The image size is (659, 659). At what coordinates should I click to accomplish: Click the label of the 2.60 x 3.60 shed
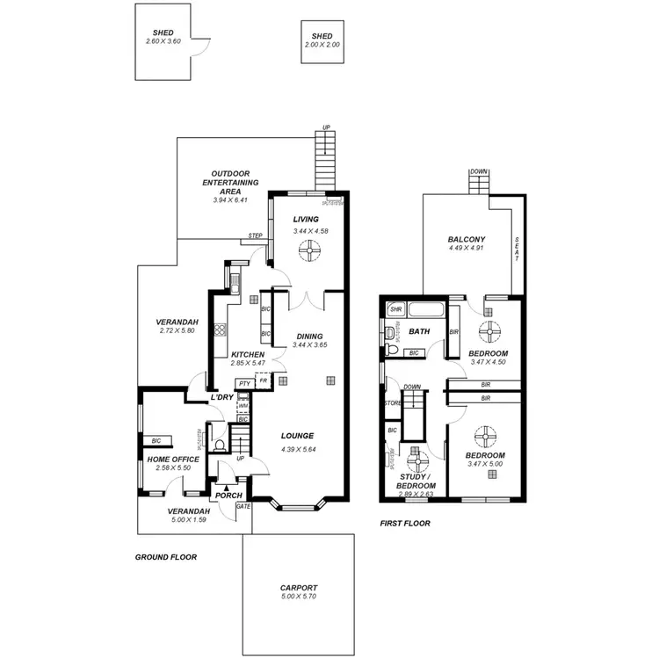(x=163, y=33)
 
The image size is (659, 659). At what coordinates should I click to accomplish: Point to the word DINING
(x=308, y=336)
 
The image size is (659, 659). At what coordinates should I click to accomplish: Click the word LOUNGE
(x=297, y=436)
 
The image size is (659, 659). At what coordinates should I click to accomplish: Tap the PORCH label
(x=228, y=496)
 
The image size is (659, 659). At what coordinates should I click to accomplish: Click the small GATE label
(x=243, y=506)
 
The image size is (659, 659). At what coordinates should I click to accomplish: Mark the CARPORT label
(x=299, y=588)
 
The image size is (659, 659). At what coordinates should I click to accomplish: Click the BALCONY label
(x=467, y=239)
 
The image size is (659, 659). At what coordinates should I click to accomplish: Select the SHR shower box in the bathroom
(x=395, y=309)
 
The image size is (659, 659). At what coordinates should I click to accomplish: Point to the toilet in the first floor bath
(x=393, y=352)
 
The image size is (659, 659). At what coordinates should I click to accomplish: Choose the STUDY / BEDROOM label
(x=416, y=481)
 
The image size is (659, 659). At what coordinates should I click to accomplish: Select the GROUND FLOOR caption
(x=165, y=557)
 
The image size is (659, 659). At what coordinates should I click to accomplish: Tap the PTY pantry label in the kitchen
(x=244, y=383)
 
